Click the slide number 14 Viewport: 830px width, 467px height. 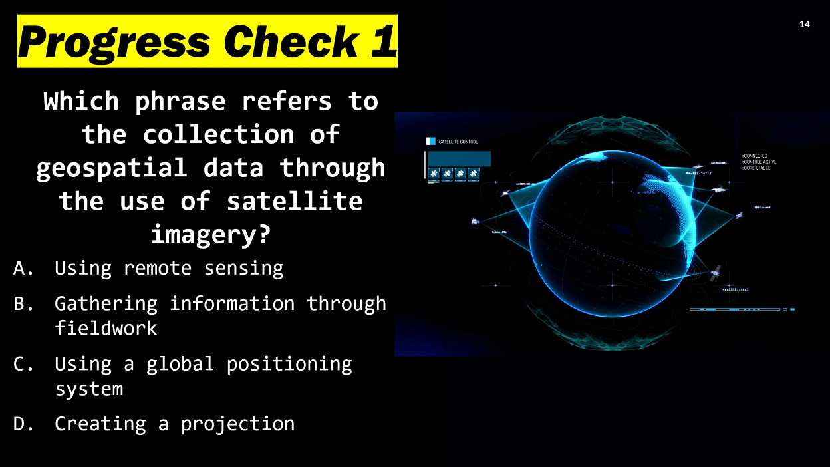pyautogui.click(x=804, y=25)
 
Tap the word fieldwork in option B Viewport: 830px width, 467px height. pyautogui.click(x=106, y=328)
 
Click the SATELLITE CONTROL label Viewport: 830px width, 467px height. pyautogui.click(x=458, y=142)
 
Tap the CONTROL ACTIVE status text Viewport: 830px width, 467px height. pyautogui.click(x=760, y=162)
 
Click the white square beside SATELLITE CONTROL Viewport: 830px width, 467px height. pyautogui.click(x=430, y=142)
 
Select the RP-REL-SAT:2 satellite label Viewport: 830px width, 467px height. pyautogui.click(x=698, y=173)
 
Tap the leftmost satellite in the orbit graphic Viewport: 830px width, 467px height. pyautogui.click(x=475, y=222)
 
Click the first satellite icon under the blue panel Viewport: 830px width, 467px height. pyautogui.click(x=434, y=174)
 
